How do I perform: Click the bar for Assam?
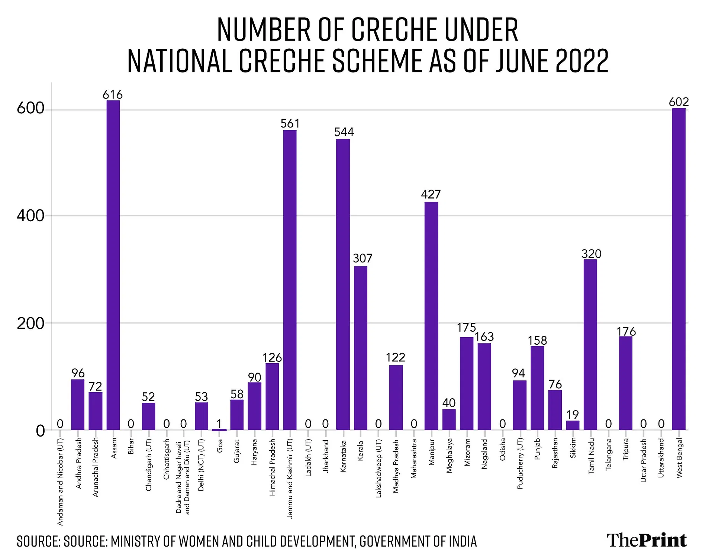point(113,265)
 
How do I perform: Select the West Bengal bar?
point(679,268)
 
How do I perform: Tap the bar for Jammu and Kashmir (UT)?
point(290,280)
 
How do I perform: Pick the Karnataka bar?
point(343,284)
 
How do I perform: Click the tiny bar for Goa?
point(219,430)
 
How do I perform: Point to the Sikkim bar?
point(573,425)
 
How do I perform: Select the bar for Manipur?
point(431,316)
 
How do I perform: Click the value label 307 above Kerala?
point(362,258)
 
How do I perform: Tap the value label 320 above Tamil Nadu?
point(591,254)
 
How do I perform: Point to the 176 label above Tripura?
point(626,331)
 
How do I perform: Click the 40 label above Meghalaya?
point(449,403)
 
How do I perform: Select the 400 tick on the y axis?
point(30,216)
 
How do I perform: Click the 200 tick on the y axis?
point(30,323)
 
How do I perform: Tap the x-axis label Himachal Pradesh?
point(272,467)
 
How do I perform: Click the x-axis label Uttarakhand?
point(661,458)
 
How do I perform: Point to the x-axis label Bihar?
point(131,446)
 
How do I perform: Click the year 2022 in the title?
point(582,61)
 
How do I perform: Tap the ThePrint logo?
point(647,540)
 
